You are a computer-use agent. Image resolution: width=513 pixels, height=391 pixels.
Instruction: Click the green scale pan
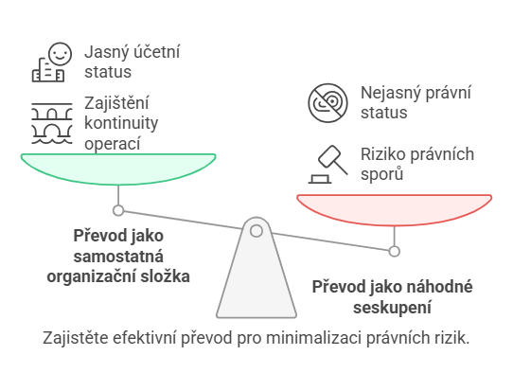point(118,169)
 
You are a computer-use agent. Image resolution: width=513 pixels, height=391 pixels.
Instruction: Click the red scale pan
point(395,210)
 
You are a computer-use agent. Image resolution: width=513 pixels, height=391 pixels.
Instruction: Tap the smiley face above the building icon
point(60,54)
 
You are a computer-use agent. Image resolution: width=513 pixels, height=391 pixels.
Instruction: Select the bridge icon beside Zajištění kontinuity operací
point(52,123)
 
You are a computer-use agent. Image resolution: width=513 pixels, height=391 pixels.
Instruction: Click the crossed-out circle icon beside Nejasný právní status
point(327,103)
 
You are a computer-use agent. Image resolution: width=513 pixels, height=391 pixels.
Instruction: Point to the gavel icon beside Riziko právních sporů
point(328,164)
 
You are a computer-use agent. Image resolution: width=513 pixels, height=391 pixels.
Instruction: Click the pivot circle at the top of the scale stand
point(256,231)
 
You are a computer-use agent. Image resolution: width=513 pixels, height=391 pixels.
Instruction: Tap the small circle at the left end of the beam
point(118,210)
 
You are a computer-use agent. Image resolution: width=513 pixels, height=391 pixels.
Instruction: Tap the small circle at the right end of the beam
point(395,251)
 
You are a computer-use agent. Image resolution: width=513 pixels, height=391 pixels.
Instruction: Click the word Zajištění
point(116,103)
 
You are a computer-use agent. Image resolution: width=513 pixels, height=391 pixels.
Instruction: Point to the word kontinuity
point(121,123)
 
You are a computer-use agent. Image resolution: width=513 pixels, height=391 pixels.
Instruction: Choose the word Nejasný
point(386,93)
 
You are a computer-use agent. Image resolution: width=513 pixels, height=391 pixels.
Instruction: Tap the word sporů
point(381,174)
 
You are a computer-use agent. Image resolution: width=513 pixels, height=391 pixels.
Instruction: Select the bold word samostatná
point(118,257)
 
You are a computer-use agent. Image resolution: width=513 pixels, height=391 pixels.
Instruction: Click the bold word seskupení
point(392,308)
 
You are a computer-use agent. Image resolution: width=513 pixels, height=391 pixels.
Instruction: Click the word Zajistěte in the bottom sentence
point(76,338)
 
